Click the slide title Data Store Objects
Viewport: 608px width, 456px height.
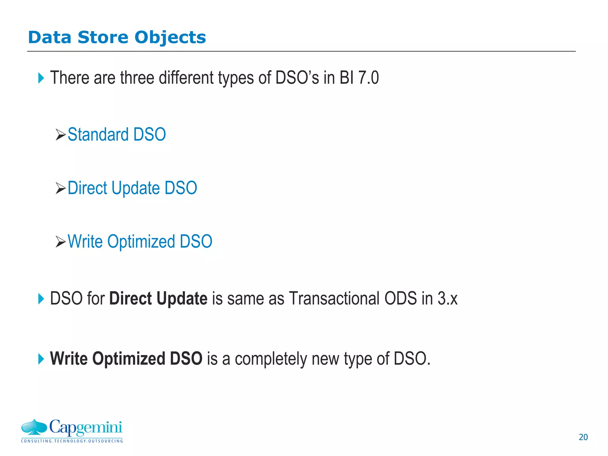click(117, 37)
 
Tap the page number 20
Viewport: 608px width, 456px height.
click(583, 437)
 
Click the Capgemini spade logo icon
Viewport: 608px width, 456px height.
click(34, 427)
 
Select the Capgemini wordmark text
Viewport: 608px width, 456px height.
click(85, 428)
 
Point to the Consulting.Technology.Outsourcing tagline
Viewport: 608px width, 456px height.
click(72, 441)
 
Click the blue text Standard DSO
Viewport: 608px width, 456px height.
click(117, 134)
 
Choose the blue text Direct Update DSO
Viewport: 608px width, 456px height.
click(132, 188)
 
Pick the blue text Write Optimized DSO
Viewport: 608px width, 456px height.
click(140, 241)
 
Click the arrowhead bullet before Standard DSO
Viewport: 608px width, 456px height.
click(61, 135)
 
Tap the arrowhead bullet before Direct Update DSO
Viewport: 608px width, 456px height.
click(61, 189)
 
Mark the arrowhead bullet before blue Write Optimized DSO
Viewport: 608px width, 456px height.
click(61, 242)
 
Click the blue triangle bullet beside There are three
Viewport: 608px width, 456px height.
click(41, 78)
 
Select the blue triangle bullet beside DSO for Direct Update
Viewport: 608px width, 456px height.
click(41, 299)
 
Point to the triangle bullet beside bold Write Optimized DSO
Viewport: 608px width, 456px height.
click(41, 359)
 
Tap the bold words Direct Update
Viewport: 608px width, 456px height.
click(158, 298)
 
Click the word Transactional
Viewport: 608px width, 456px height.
click(334, 298)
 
